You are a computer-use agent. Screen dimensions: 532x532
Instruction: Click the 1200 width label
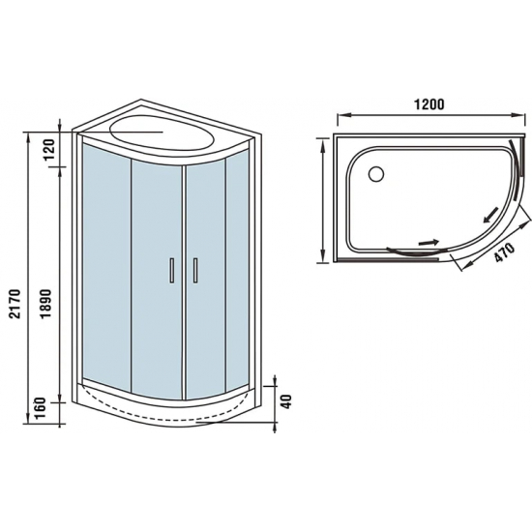[427, 104]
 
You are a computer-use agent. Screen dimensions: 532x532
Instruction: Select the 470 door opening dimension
[499, 256]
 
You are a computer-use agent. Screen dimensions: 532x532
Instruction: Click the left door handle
[171, 271]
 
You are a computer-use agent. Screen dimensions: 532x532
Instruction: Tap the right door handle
[194, 271]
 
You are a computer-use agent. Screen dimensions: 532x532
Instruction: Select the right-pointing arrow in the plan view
[427, 243]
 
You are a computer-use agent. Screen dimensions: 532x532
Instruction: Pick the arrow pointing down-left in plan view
[492, 210]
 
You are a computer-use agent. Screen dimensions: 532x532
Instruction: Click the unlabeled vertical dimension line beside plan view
[322, 198]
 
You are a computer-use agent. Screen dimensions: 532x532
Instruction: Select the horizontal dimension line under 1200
[427, 119]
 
